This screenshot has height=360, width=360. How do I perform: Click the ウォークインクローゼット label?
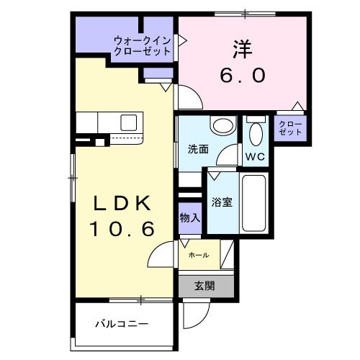pyautogui.click(x=141, y=46)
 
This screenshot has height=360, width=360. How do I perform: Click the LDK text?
pyautogui.click(x=123, y=204)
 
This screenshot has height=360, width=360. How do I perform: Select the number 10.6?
pyautogui.click(x=123, y=230)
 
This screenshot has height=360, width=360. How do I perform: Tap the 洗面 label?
pyautogui.click(x=198, y=150)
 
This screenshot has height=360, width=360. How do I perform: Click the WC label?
pyautogui.click(x=255, y=156)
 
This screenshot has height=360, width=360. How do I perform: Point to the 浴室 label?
pyautogui.click(x=222, y=202)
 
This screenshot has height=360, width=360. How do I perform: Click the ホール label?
pyautogui.click(x=198, y=255)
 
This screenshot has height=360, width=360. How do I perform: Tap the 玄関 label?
pyautogui.click(x=204, y=284)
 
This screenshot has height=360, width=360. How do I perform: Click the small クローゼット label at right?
pyautogui.click(x=290, y=128)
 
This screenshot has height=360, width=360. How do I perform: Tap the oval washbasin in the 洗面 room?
pyautogui.click(x=222, y=126)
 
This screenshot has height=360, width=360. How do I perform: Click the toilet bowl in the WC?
pyautogui.click(x=256, y=132)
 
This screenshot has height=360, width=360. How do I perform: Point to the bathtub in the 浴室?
pyautogui.click(x=254, y=202)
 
